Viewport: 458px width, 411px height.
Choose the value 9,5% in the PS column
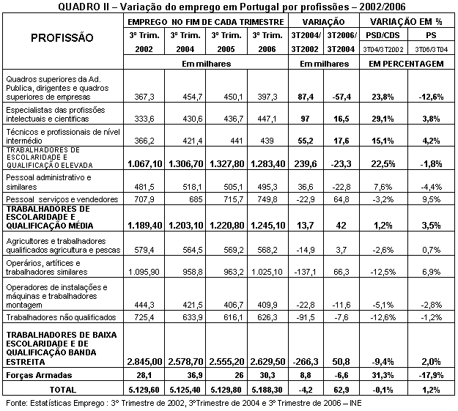coord(432,199)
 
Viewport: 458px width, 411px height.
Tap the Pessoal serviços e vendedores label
coord(61,199)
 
